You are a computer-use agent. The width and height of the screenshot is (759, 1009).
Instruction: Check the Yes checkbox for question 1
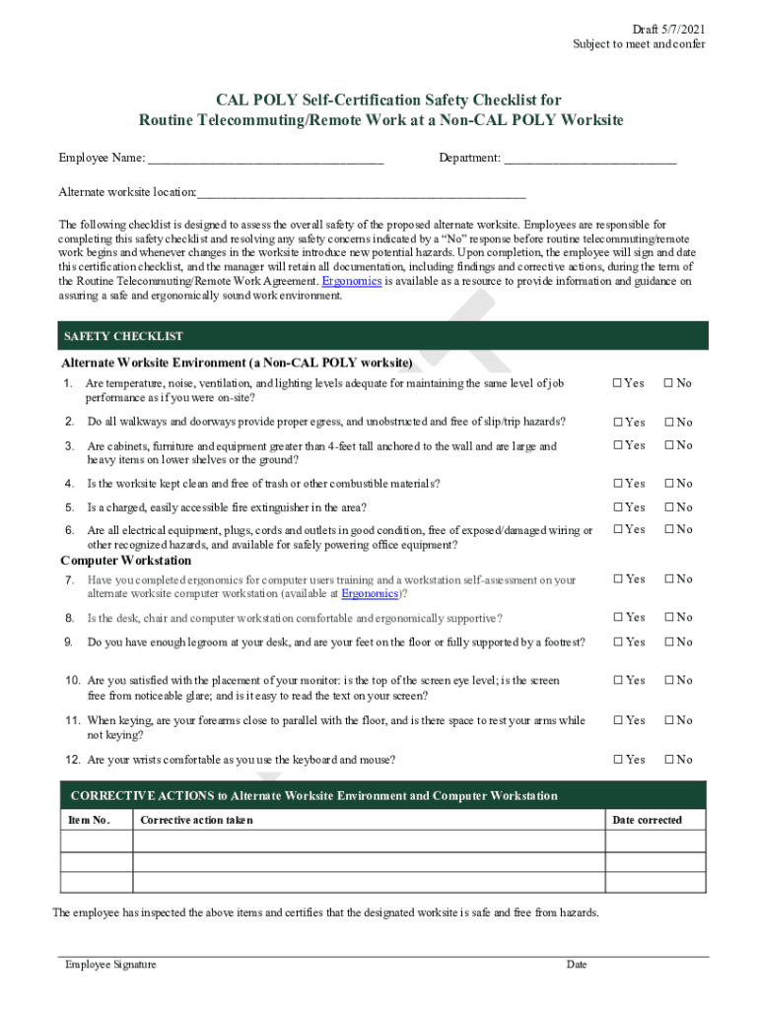pos(617,383)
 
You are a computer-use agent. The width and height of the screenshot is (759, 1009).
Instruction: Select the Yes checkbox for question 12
pos(617,760)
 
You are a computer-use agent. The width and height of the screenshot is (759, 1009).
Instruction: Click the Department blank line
pos(589,159)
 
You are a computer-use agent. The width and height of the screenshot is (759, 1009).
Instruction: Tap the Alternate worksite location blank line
pos(361,192)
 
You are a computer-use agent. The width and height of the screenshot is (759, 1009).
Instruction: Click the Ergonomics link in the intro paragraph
pos(351,281)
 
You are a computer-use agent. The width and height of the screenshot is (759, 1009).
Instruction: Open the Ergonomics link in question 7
pos(370,594)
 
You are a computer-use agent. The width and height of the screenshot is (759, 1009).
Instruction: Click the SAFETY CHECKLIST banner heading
pos(123,337)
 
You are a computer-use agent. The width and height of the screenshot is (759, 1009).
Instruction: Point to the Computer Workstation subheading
pos(126,561)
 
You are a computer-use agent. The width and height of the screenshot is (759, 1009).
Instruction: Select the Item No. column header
pos(88,820)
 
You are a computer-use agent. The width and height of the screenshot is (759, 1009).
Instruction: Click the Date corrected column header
pos(647,820)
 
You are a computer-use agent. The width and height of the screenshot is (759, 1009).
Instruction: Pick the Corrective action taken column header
pos(196,820)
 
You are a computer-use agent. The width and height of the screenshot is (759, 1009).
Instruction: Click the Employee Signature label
pos(110,965)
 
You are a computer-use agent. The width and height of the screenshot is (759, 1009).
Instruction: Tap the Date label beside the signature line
pos(577,965)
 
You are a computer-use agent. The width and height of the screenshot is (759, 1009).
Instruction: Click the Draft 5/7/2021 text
pos(669,28)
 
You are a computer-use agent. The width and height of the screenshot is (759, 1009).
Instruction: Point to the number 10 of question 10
pos(73,681)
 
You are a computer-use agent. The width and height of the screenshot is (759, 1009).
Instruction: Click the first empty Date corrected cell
pos(655,841)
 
